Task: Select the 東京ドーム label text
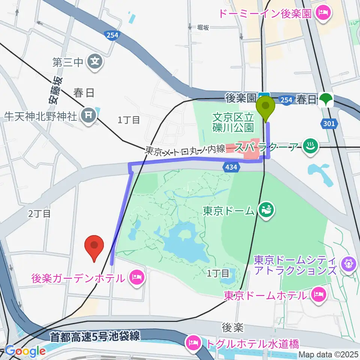click(229, 211)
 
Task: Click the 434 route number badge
click(232, 167)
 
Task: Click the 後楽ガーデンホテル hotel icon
click(136, 278)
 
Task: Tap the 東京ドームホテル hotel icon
click(318, 295)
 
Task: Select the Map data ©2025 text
click(328, 354)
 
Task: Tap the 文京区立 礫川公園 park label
click(233, 122)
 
